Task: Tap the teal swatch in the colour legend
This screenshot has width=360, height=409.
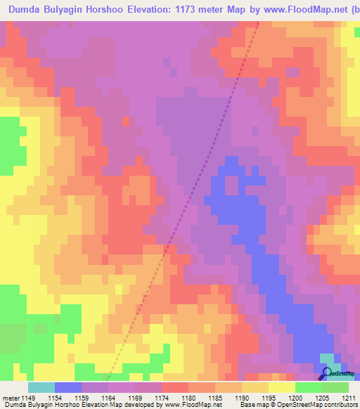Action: [x=41, y=387]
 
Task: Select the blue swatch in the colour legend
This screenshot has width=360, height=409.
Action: [x=67, y=387]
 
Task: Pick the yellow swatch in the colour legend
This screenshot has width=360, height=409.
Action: [x=281, y=387]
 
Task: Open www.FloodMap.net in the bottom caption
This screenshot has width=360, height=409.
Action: [x=193, y=405]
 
